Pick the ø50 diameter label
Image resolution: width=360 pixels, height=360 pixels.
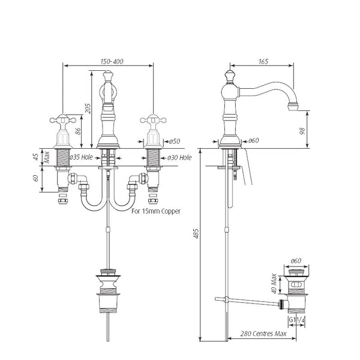[173, 142]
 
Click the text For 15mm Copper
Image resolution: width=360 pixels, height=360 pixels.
[155, 211]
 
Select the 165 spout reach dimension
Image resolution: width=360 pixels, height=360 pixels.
[263, 61]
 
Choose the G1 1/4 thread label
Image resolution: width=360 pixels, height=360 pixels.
[296, 320]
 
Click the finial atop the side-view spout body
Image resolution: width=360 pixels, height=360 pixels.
[229, 76]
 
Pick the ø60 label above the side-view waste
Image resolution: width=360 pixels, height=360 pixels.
[296, 260]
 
